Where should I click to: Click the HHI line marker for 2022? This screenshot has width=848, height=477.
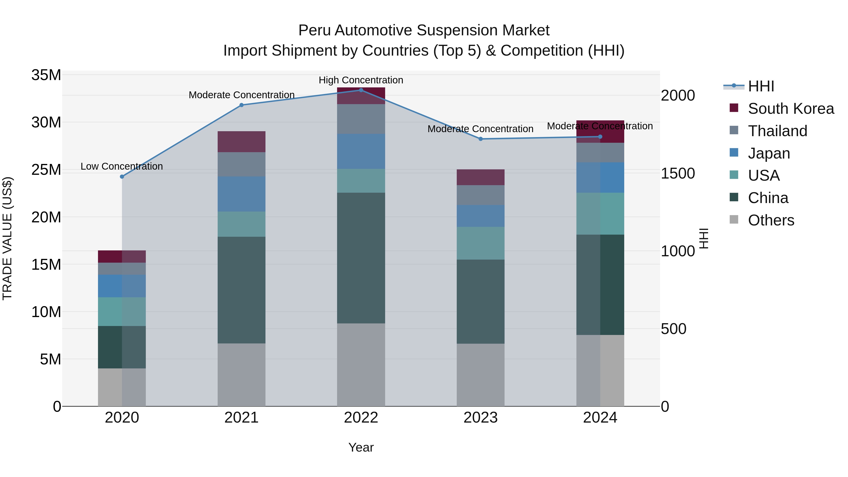point(361,90)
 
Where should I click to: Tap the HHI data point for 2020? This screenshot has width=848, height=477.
point(122,176)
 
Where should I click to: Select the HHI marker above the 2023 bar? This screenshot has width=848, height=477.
point(480,139)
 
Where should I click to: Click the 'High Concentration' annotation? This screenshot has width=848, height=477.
point(361,80)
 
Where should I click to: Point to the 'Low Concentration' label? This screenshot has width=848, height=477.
point(122,166)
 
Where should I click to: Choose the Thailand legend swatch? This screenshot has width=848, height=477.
point(734,130)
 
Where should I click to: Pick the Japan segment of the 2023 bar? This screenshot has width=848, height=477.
point(480,216)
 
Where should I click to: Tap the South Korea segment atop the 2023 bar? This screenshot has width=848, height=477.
point(480,177)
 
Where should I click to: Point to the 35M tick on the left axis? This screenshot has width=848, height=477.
point(46,75)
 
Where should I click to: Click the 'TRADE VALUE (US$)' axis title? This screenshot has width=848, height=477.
point(7,238)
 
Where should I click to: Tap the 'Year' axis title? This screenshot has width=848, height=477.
point(361,447)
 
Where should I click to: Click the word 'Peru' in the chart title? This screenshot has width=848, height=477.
point(314,30)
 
